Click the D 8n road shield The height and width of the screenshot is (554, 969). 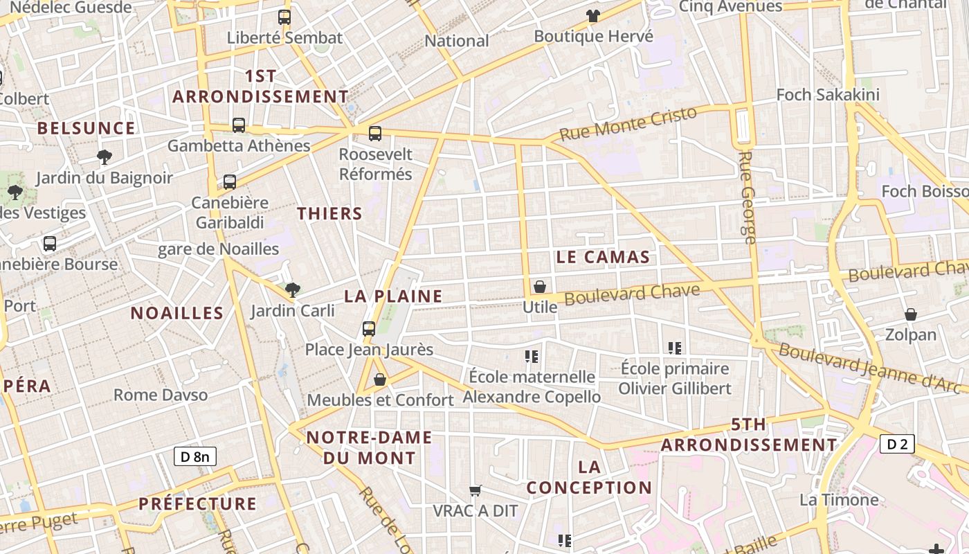(x=194, y=456)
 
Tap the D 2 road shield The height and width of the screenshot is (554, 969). (x=897, y=444)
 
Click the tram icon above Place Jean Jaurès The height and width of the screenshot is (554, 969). (x=369, y=328)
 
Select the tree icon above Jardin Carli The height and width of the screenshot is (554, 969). (x=293, y=289)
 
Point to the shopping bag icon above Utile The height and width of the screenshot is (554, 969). (x=540, y=286)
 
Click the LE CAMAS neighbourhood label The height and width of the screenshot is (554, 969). (x=603, y=258)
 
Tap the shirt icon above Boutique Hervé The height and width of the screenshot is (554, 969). (x=593, y=15)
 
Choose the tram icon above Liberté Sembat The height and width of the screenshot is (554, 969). (x=284, y=17)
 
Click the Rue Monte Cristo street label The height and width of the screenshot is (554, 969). (x=627, y=124)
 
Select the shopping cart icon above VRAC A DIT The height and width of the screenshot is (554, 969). (x=476, y=490)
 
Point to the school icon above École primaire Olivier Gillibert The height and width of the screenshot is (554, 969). (x=675, y=348)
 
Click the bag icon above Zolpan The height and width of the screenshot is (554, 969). (x=911, y=314)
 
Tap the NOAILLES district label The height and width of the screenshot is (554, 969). (x=177, y=313)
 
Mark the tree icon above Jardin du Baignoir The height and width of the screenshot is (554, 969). (x=105, y=157)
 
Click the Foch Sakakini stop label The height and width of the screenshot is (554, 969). (x=828, y=95)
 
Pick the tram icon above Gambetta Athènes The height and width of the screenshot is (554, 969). (x=239, y=125)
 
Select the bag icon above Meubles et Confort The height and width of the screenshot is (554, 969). (x=380, y=379)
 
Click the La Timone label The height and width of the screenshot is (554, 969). (x=839, y=499)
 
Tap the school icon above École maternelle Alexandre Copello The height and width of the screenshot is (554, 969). (x=532, y=357)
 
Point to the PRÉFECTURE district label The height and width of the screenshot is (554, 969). (x=197, y=503)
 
